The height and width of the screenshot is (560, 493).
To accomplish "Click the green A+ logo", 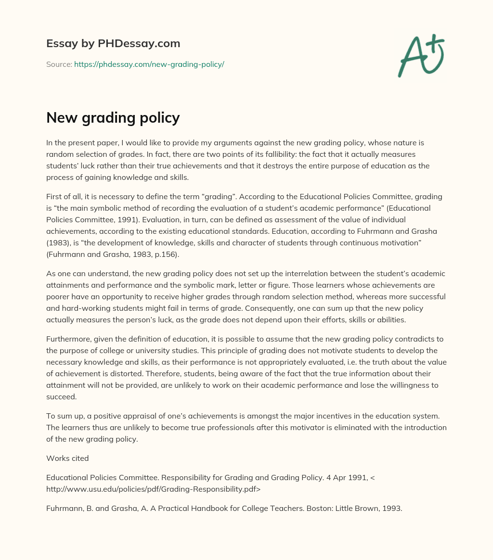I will point(421,56).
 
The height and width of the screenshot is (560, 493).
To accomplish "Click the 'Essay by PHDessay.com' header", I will point(113,44).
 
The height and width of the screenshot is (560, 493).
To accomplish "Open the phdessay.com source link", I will point(149,64).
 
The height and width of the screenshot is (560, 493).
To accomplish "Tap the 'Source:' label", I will point(59,64).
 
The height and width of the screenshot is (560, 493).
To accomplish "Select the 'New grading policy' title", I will point(113,117).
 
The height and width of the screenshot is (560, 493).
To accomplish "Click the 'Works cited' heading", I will point(67,458).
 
